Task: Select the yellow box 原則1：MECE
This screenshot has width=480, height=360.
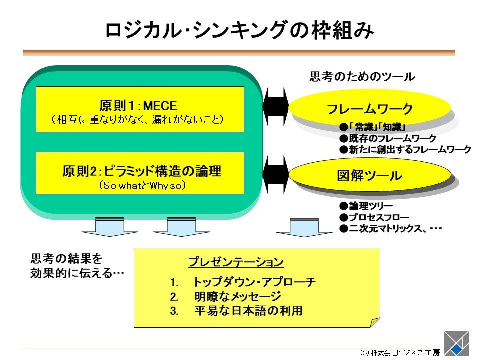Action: tap(140, 109)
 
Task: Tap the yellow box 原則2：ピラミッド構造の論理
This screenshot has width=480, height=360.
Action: tap(140, 173)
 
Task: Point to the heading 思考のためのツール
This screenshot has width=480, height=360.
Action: tap(362, 77)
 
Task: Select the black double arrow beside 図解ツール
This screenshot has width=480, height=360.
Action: tap(276, 173)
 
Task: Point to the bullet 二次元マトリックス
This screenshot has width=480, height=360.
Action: tap(385, 229)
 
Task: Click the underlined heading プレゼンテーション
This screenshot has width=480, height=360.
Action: tap(236, 262)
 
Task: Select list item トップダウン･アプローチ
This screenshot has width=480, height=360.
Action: tap(254, 282)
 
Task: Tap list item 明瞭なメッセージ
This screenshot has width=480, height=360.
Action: tap(237, 296)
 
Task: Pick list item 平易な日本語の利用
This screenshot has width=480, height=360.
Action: tap(248, 311)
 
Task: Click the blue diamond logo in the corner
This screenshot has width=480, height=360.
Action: tap(456, 344)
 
